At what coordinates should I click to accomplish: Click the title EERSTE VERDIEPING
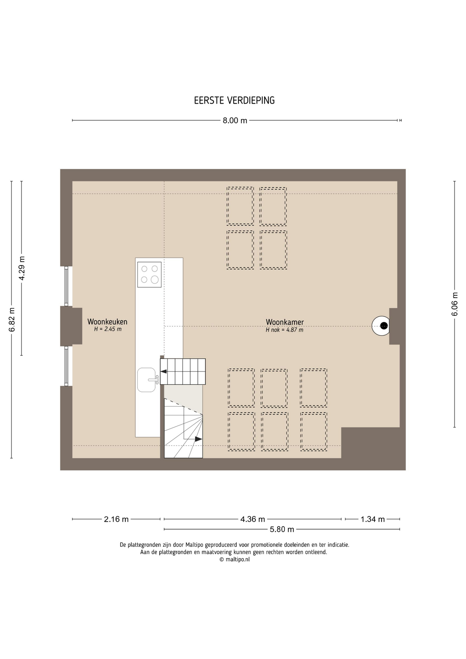click(x=234, y=100)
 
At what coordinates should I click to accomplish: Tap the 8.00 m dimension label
click(x=235, y=120)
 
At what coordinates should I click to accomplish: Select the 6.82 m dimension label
click(x=12, y=320)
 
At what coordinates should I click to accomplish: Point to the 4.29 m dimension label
click(x=22, y=268)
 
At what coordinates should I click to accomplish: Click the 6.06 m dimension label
click(x=455, y=304)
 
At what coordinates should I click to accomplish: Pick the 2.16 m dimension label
click(x=116, y=519)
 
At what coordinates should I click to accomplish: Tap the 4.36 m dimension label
click(x=253, y=519)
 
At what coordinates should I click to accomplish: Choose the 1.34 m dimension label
click(x=373, y=519)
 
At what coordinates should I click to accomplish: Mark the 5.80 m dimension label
click(x=282, y=529)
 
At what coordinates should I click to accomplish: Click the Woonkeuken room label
click(x=107, y=322)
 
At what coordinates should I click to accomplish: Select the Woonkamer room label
click(x=285, y=322)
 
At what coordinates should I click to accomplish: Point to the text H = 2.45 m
click(x=108, y=329)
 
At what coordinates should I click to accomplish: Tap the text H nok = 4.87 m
click(x=284, y=330)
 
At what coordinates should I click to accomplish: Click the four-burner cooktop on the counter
click(x=149, y=275)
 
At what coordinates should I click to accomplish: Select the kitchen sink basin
click(x=147, y=380)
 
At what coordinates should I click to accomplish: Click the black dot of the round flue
click(x=384, y=326)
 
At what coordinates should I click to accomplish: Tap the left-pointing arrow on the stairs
click(x=164, y=371)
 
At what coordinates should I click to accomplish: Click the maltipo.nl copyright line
click(x=234, y=559)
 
